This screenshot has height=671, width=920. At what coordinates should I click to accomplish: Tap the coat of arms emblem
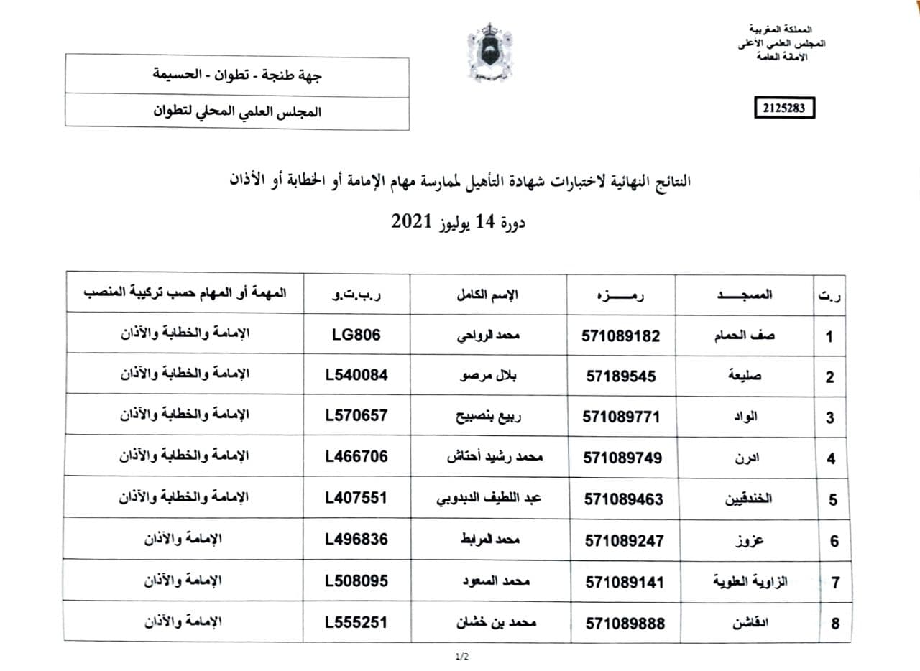click(x=489, y=52)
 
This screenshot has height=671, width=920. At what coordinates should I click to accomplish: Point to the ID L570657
click(x=356, y=415)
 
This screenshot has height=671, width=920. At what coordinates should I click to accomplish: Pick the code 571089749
click(x=622, y=458)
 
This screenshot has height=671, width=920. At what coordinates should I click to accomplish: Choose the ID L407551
click(x=356, y=498)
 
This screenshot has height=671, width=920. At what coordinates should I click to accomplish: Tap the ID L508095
click(x=356, y=580)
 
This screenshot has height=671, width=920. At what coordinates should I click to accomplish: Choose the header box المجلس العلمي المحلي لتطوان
click(x=237, y=113)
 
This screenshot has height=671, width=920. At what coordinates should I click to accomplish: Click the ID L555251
click(x=356, y=622)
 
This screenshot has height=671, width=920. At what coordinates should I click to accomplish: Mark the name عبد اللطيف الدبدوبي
click(x=490, y=499)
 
